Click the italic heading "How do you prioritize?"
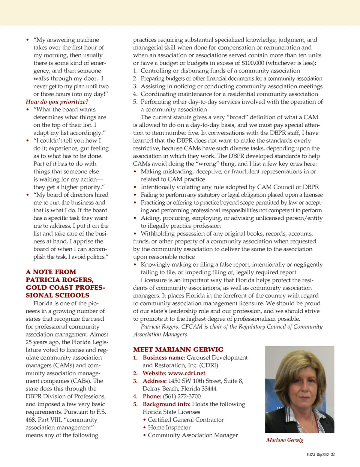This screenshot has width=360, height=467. pyautogui.click(x=57, y=102)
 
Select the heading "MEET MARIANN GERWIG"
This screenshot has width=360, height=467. pyautogui.click(x=178, y=350)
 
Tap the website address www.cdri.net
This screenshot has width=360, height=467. pyautogui.click(x=187, y=373)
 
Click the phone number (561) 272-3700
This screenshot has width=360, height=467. pyautogui.click(x=182, y=396)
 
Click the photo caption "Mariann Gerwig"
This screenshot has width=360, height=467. pyautogui.click(x=285, y=440)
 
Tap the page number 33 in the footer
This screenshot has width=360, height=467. pyautogui.click(x=333, y=455)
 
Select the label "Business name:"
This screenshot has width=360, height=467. pyautogui.click(x=164, y=358)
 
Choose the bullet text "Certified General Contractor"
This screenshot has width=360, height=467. pyautogui.click(x=186, y=420)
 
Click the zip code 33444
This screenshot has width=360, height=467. pyautogui.click(x=208, y=389)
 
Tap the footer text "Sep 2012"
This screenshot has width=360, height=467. pyautogui.click(x=322, y=455)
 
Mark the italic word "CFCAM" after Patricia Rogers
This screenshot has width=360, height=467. pyautogui.click(x=192, y=327)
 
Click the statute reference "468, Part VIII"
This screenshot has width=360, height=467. pyautogui.click(x=45, y=420)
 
